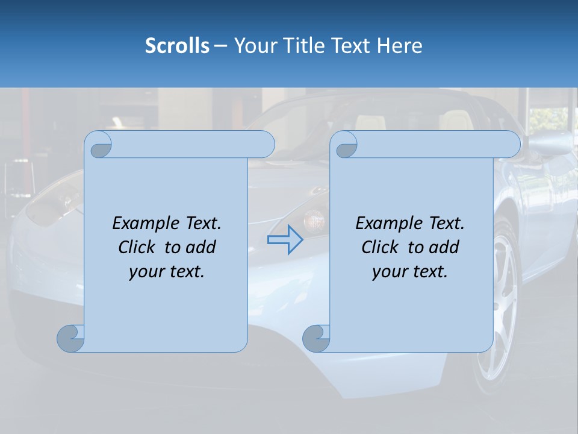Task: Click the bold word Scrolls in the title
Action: click(177, 46)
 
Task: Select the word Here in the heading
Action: click(400, 46)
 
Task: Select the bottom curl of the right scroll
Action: click(316, 338)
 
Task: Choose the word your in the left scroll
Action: click(145, 272)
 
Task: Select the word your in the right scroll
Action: click(388, 272)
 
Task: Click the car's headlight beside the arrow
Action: click(314, 219)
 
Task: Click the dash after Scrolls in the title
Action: click(221, 46)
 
